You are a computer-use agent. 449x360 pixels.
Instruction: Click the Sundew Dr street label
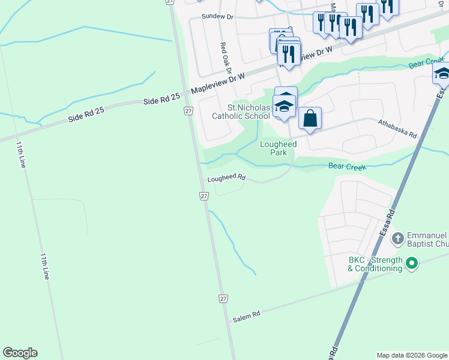tap(217, 16)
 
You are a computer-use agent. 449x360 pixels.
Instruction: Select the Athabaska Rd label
tap(397, 129)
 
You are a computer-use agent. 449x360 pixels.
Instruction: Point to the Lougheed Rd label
tap(227, 178)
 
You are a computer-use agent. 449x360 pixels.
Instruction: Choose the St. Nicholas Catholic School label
tap(240, 112)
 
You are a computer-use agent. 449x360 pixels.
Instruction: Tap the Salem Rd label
tap(247, 314)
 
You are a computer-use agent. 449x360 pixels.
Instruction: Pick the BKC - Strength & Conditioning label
tap(375, 264)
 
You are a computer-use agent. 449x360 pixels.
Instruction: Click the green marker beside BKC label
tap(412, 263)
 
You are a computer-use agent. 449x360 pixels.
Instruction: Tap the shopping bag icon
tap(310, 118)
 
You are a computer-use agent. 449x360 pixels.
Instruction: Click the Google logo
tap(20, 353)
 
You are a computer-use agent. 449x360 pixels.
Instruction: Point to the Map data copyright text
tap(411, 355)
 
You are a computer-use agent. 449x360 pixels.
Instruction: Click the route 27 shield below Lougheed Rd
tap(204, 196)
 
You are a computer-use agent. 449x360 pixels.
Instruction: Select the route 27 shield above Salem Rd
tap(223, 299)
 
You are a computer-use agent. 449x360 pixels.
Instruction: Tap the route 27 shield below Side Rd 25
tap(188, 111)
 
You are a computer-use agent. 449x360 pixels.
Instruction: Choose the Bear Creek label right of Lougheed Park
tap(346, 166)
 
